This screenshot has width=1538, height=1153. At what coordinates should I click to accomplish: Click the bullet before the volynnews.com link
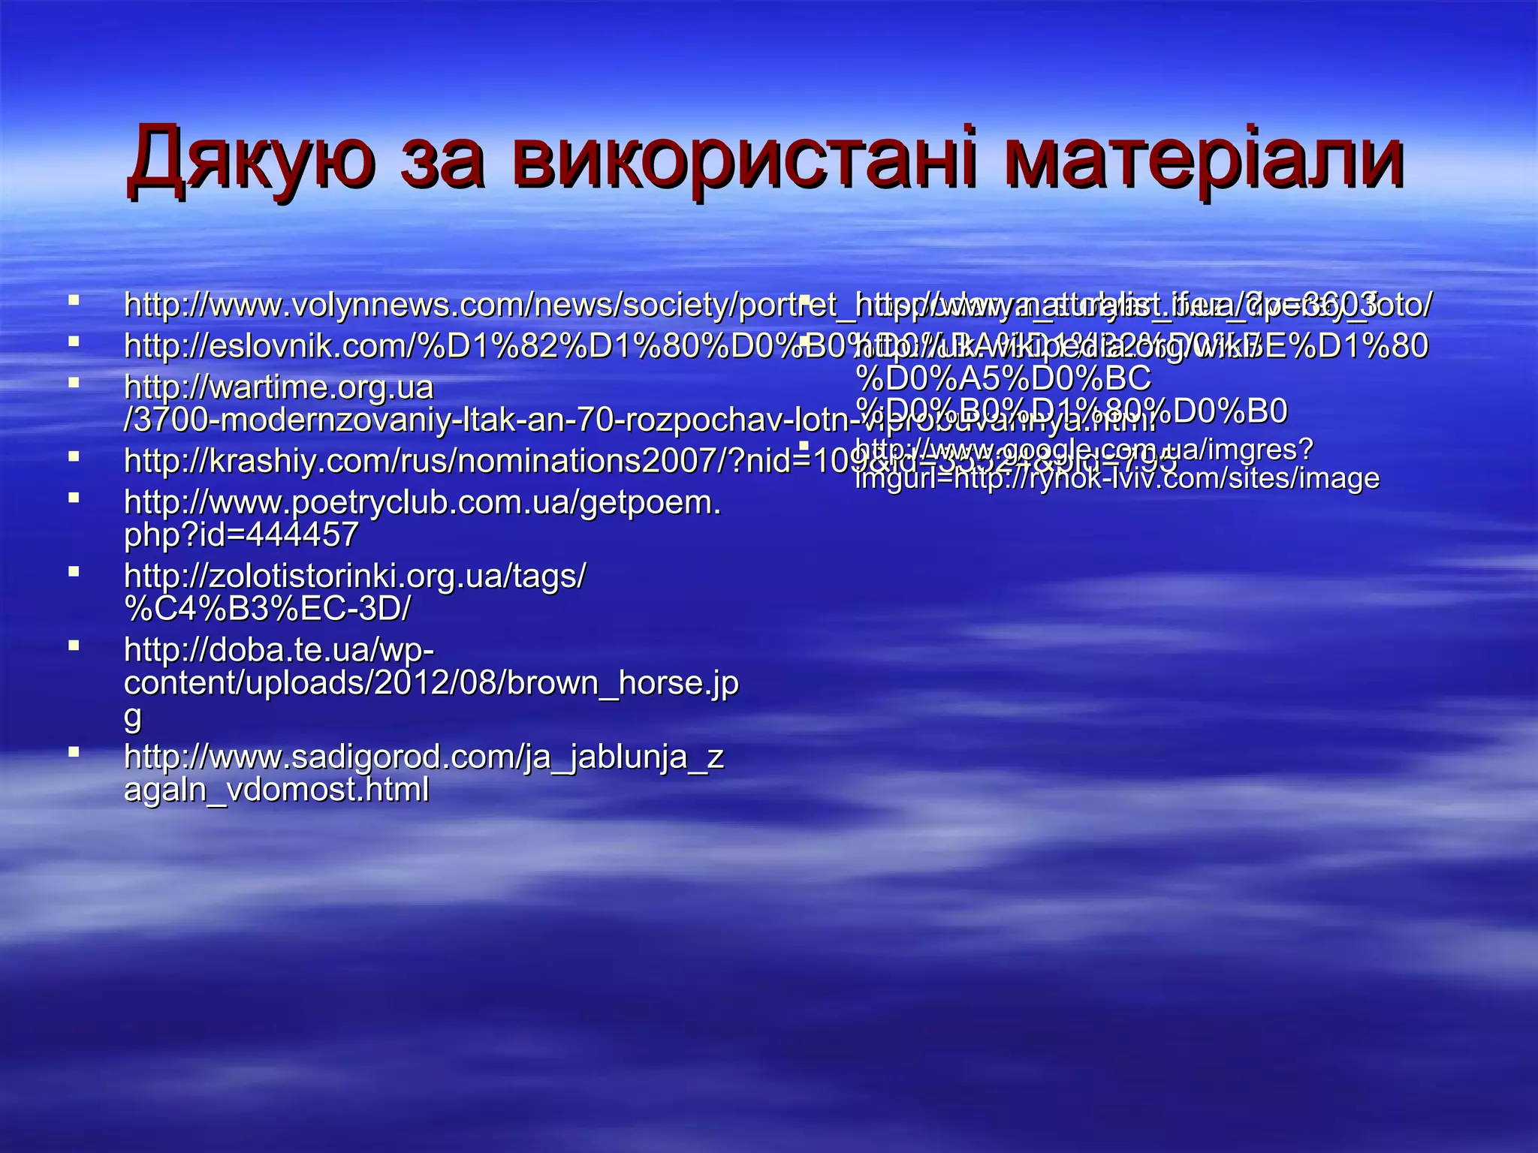[x=73, y=300]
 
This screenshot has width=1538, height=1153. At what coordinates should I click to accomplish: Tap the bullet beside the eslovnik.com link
[x=73, y=341]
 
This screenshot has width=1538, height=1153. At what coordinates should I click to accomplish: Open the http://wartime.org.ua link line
[x=279, y=388]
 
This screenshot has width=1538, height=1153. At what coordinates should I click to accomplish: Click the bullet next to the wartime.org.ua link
[x=73, y=382]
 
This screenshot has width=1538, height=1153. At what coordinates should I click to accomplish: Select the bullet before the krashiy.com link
[x=73, y=455]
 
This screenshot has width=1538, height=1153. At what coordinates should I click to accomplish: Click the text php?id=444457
[x=241, y=535]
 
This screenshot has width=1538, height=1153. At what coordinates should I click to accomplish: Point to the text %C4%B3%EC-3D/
[x=267, y=609]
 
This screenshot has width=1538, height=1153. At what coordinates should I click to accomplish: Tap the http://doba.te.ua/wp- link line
[x=279, y=649]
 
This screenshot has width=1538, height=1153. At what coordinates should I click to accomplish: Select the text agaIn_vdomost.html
[x=276, y=790]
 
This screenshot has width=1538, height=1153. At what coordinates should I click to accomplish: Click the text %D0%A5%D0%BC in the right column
[x=1003, y=379]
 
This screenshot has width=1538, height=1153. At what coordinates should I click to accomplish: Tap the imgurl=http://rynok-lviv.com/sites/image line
[x=1117, y=478]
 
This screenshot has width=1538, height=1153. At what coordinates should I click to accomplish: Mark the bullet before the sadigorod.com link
[x=73, y=751]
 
